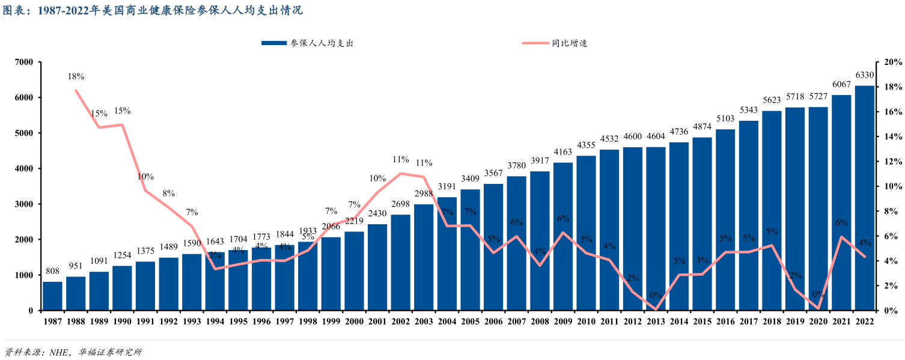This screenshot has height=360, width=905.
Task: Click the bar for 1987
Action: click(x=52, y=296)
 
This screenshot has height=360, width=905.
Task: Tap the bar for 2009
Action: click(x=563, y=236)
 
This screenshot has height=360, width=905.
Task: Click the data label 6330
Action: click(x=865, y=75)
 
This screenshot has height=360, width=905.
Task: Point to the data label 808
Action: click(x=52, y=271)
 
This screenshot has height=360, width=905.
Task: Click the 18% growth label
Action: click(x=76, y=77)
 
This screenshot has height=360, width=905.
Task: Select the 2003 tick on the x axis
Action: click(x=424, y=322)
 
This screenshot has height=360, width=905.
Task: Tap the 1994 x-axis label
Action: click(x=215, y=322)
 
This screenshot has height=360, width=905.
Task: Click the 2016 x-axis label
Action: click(x=725, y=322)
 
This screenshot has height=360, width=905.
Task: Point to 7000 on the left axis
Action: click(x=24, y=62)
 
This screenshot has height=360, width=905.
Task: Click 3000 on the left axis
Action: click(x=24, y=204)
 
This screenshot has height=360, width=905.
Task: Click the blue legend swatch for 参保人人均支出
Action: click(x=275, y=43)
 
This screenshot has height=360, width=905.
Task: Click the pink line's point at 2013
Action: click(x=656, y=310)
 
